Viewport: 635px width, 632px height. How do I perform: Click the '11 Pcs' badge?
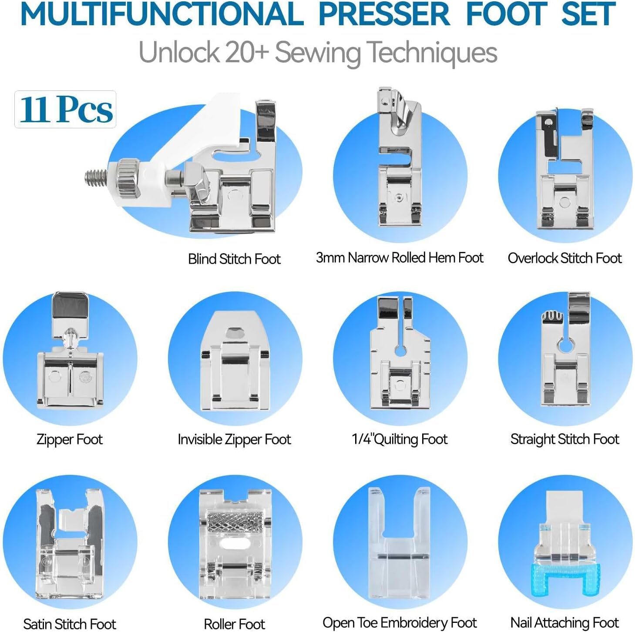65,109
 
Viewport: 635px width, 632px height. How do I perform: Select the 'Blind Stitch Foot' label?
234,259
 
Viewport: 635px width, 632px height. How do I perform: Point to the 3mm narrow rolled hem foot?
400,165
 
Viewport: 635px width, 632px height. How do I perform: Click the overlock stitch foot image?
564,174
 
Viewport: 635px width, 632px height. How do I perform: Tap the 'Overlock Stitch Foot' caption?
564,258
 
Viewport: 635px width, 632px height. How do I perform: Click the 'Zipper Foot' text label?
70,439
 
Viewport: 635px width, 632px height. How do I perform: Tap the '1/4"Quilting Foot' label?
400,439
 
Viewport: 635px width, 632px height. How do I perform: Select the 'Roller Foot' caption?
234,624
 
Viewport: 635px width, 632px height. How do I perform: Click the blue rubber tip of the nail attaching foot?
565,578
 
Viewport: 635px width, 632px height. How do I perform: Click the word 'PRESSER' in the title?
384,14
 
